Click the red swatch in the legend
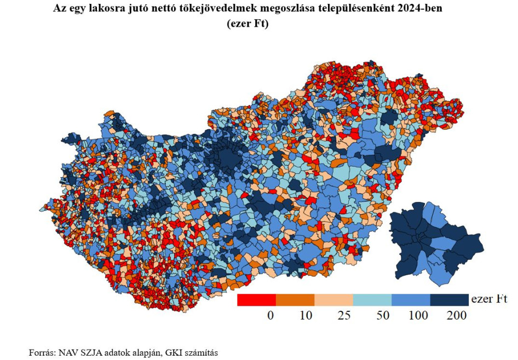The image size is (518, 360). coord(256,300)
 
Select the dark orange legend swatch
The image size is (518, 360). coord(295,300)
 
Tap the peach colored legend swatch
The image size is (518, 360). coord(333,300)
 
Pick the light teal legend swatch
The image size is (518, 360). coord(372,300)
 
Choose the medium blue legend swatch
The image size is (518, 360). coord(411,300)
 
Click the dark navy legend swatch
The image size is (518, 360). coord(450,300)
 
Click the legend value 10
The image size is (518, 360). coord(306,316)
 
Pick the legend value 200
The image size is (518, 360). coord(457,316)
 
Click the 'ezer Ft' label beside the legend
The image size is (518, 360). coord(489,299)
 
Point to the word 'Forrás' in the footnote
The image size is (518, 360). coord(42,352)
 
